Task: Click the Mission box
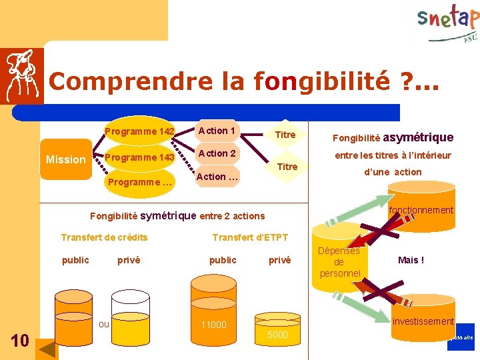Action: pyautogui.click(x=65, y=159)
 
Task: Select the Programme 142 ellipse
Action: pyautogui.click(x=139, y=131)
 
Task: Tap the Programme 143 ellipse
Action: pyautogui.click(x=139, y=157)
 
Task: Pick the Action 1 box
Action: pyautogui.click(x=217, y=131)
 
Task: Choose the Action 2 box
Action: pyautogui.click(x=217, y=153)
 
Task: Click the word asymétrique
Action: pyautogui.click(x=419, y=137)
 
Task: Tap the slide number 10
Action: pyautogui.click(x=20, y=341)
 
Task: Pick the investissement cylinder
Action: pyautogui.click(x=423, y=323)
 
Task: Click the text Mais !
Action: pyautogui.click(x=411, y=260)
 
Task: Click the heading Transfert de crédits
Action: pyautogui.click(x=104, y=237)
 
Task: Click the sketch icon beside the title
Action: pyautogui.click(x=22, y=75)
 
